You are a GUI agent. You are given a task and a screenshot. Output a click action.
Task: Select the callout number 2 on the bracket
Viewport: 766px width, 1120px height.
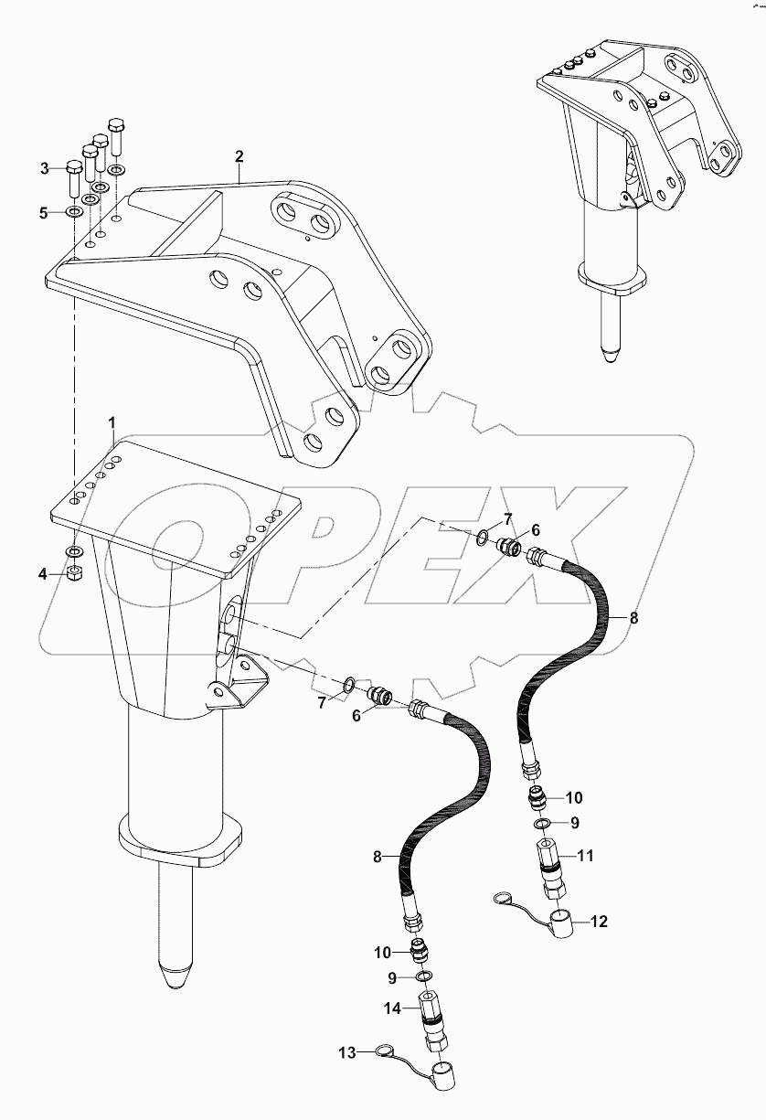click(239, 156)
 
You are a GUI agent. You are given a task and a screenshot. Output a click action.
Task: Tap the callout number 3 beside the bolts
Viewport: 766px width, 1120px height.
click(44, 167)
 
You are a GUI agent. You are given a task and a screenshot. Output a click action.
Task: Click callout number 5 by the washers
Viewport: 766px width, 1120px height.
click(44, 212)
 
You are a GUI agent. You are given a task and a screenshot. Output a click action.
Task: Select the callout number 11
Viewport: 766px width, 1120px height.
click(585, 856)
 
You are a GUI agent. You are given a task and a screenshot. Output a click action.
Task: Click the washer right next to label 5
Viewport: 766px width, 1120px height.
click(73, 212)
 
